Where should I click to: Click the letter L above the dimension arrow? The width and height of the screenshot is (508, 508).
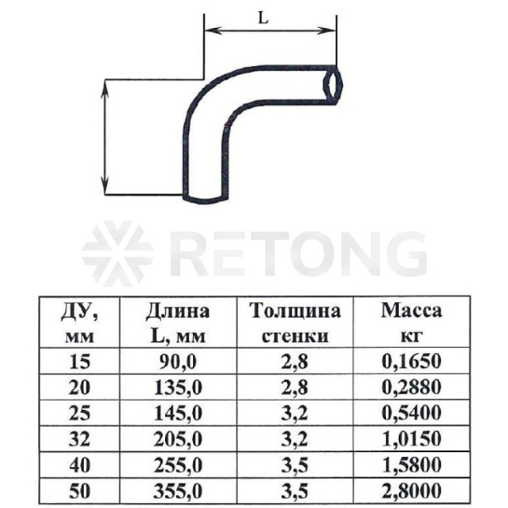point(263,19)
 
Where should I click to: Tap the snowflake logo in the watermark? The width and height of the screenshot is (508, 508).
point(118,255)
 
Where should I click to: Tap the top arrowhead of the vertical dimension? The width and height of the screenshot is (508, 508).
point(105,88)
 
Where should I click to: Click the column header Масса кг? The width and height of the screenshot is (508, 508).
point(411,323)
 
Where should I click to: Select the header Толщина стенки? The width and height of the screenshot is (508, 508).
point(295,323)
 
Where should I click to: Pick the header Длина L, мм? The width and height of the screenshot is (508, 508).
point(178,323)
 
